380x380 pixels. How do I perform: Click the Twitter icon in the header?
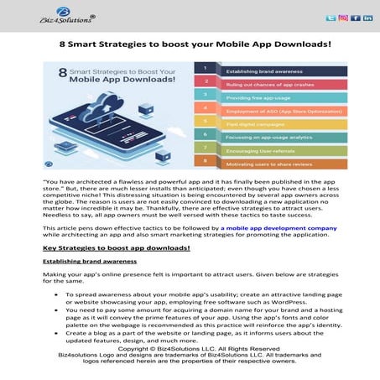(x=331, y=17)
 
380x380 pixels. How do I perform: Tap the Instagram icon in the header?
(x=343, y=17)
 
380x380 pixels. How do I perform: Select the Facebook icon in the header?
(x=355, y=17)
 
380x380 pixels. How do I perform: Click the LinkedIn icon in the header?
(x=367, y=17)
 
